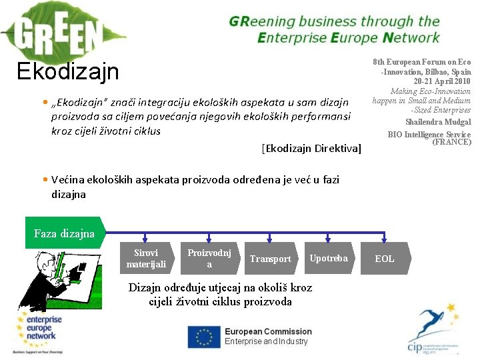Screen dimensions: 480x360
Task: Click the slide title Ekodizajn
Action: click(x=68, y=71)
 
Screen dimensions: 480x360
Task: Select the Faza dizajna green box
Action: click(x=64, y=233)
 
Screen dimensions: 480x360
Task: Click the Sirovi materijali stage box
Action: click(x=147, y=259)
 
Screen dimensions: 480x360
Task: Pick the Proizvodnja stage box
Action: click(x=209, y=259)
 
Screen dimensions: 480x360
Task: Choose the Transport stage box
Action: click(x=270, y=259)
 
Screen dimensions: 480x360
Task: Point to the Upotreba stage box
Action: click(x=329, y=258)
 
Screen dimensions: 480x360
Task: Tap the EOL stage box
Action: click(x=385, y=259)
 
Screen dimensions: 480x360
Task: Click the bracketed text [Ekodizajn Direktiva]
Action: click(x=311, y=147)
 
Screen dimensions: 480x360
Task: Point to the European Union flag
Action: click(x=203, y=337)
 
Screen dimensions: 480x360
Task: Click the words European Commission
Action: click(x=268, y=331)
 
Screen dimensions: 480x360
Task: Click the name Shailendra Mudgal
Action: click(x=438, y=122)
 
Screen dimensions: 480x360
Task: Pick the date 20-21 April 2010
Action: click(x=442, y=81)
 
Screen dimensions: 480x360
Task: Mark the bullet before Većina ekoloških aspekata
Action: click(x=44, y=180)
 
